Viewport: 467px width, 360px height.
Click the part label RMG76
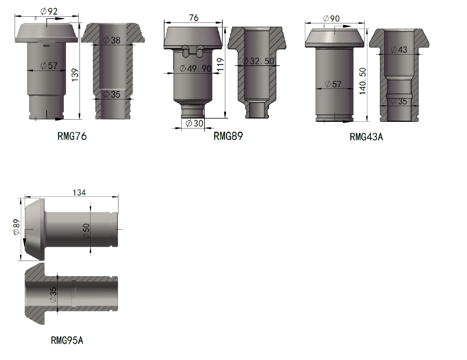(72, 136)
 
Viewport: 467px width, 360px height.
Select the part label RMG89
(228, 136)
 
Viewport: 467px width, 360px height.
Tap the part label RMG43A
(366, 136)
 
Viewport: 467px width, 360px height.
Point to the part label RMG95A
(67, 340)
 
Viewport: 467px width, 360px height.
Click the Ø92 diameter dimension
(49, 11)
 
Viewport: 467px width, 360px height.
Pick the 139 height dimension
(75, 75)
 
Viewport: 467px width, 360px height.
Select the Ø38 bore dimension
(112, 40)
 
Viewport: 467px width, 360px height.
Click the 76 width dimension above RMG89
(194, 18)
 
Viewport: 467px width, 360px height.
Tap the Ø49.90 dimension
(195, 69)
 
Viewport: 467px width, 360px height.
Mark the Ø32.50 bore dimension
(258, 61)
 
